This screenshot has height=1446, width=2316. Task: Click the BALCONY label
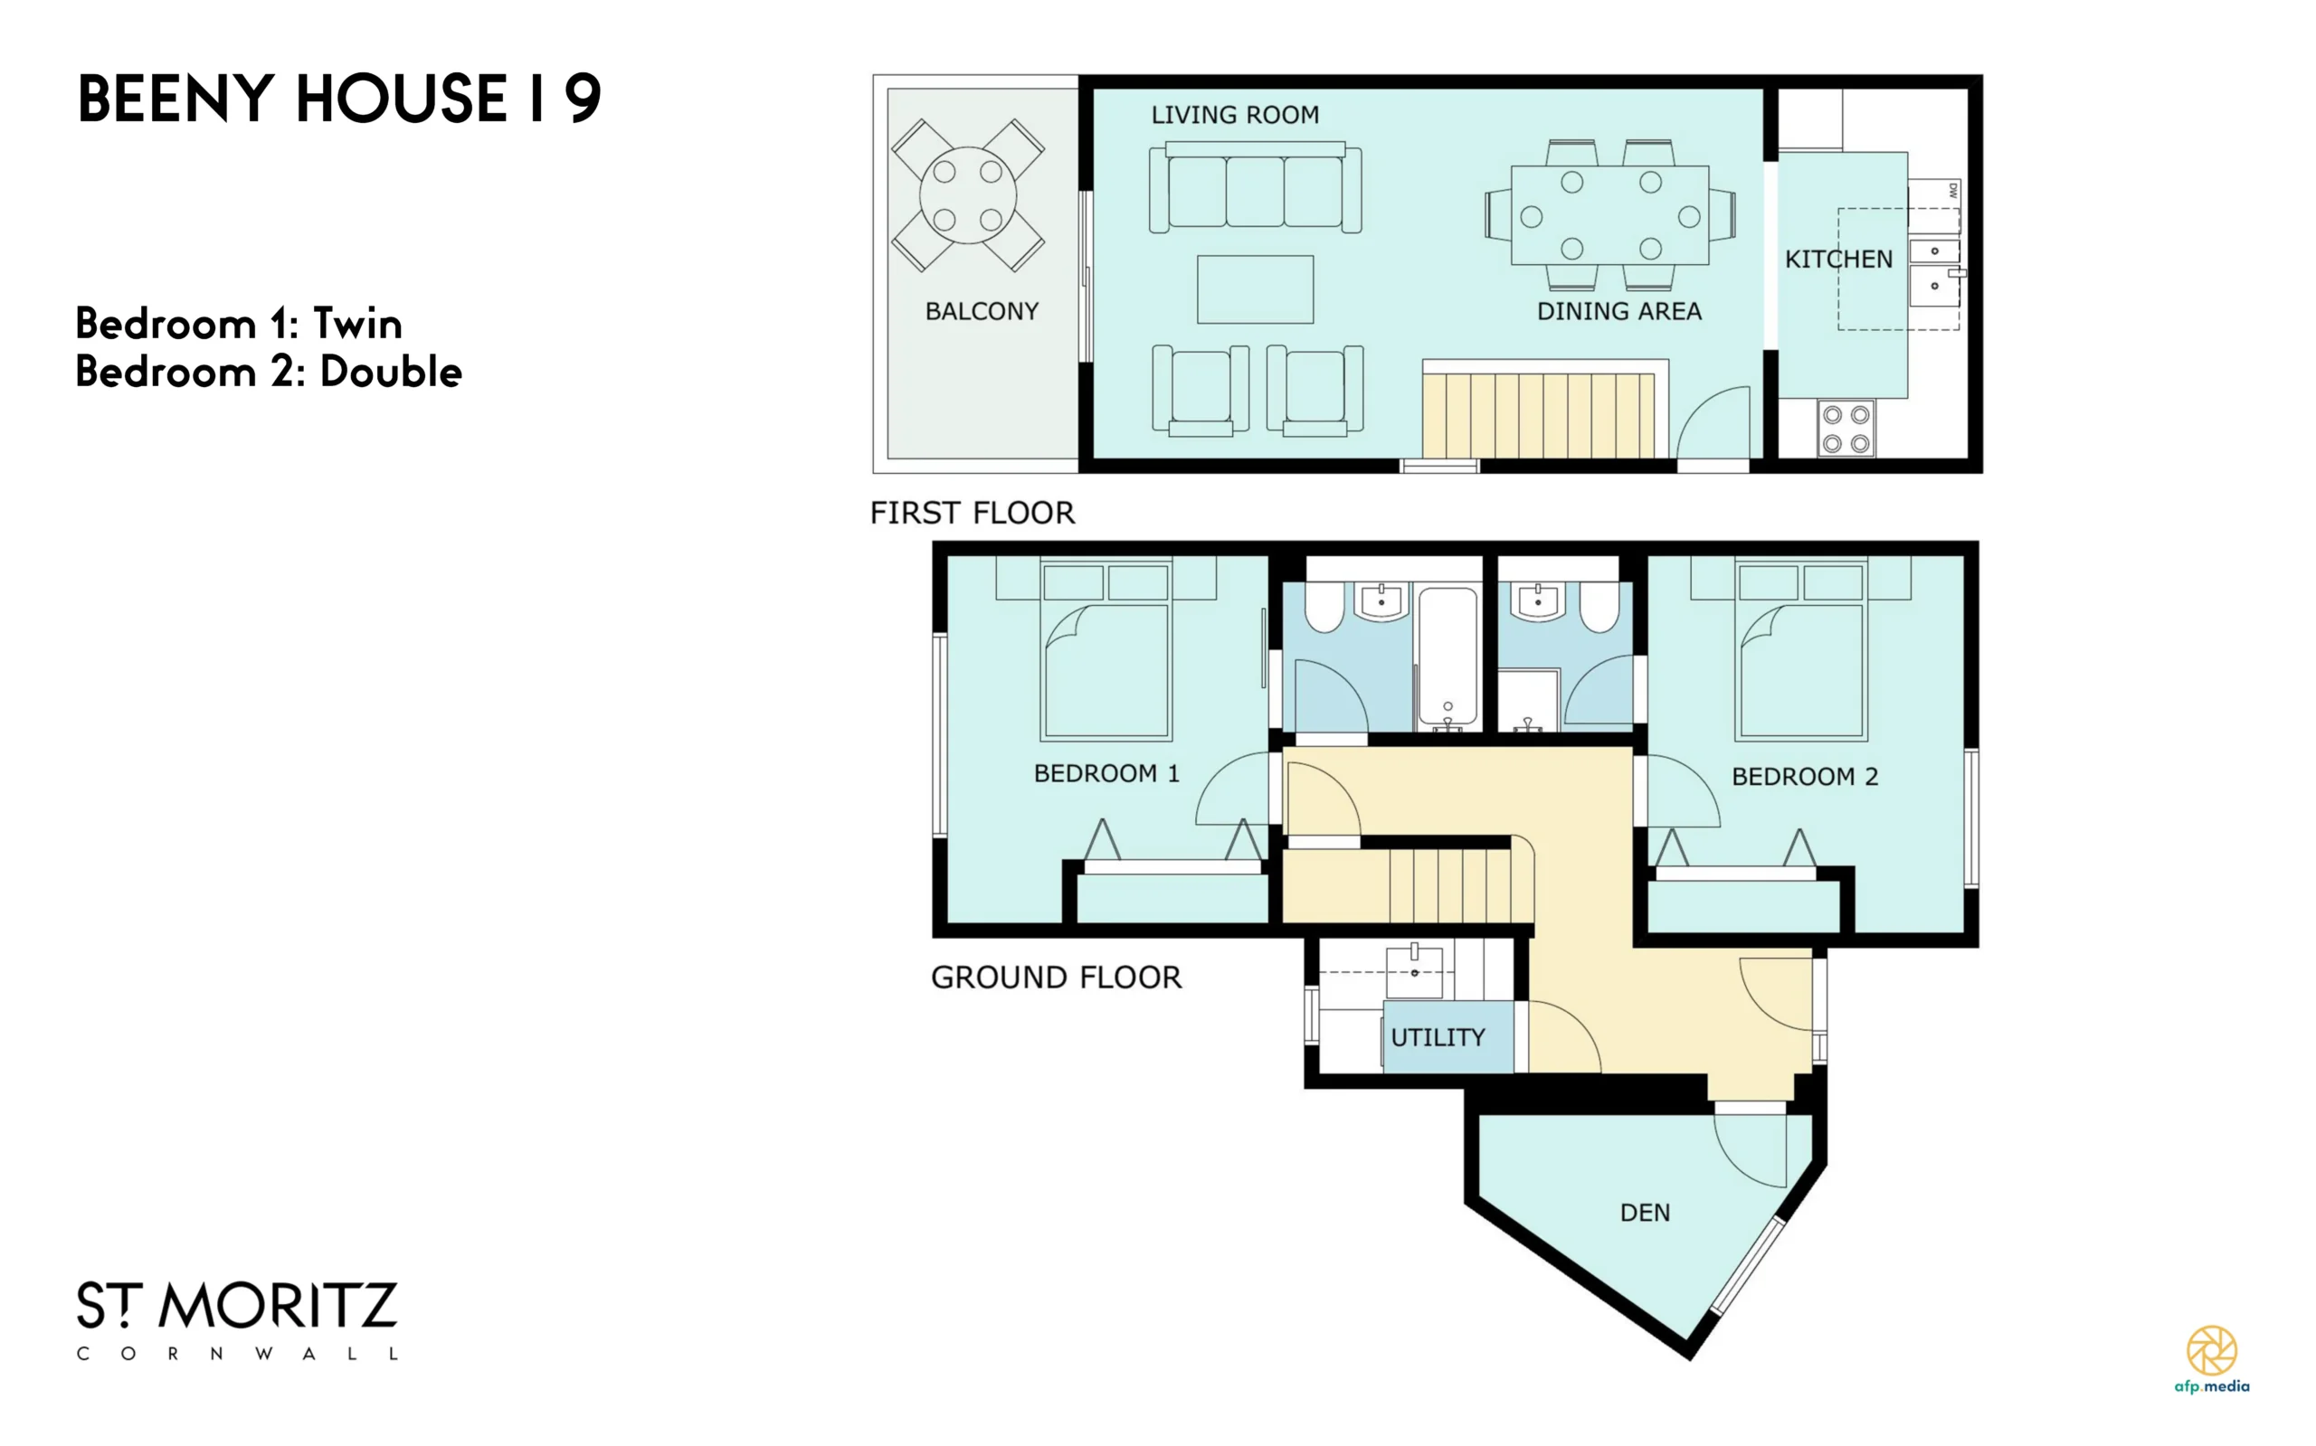(x=982, y=311)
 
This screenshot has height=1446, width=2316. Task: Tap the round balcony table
(x=967, y=195)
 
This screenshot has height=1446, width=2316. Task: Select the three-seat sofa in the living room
(x=1255, y=187)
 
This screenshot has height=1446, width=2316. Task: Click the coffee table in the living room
(x=1255, y=288)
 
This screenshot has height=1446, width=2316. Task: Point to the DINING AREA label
(x=1618, y=311)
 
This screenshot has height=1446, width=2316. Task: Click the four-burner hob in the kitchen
(x=1846, y=429)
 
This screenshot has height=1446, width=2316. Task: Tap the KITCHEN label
(x=1838, y=260)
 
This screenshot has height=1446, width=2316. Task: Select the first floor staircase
(x=1538, y=415)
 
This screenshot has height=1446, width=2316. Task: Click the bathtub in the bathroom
(x=1447, y=658)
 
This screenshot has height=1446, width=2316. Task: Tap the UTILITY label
(x=1438, y=1037)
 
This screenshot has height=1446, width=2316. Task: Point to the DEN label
(x=1646, y=1213)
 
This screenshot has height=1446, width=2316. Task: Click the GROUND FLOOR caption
(x=1056, y=978)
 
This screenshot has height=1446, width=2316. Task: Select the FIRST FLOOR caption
(x=972, y=513)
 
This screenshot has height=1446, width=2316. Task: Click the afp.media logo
(x=2212, y=1359)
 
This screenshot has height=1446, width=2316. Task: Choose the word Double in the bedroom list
(x=390, y=372)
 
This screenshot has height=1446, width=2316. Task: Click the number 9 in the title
(x=583, y=98)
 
